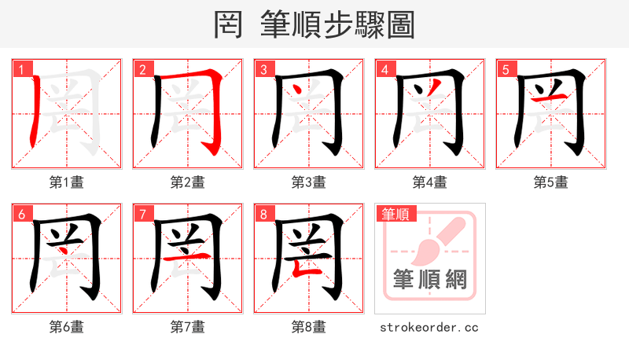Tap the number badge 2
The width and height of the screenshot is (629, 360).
pos(142,69)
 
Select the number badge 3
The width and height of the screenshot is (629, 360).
pos(263,69)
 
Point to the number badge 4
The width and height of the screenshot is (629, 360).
pos(384,69)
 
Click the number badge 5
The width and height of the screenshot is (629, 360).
pos(506,69)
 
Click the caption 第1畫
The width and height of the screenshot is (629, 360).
pos(67,182)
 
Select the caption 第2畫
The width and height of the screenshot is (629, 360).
pos(188,182)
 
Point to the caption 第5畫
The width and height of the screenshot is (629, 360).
pos(551,182)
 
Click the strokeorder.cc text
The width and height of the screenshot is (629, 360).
pos(429,327)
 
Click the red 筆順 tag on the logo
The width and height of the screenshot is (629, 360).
pos(396,214)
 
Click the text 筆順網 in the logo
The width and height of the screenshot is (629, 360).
pos(430,279)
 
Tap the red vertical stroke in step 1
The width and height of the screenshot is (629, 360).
pos(34,114)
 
